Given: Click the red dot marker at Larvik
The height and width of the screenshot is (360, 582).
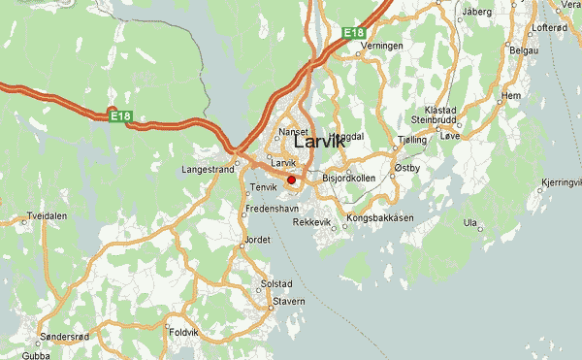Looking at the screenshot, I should click(x=291, y=180).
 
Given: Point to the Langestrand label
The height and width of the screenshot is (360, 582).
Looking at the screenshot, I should click(x=208, y=168).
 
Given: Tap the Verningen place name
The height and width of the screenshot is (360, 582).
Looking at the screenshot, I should click(x=380, y=46).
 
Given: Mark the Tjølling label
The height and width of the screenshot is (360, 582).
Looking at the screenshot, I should click(x=412, y=141).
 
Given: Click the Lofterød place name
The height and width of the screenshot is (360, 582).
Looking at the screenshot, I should click(x=549, y=28).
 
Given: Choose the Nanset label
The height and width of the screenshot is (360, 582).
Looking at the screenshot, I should click(x=293, y=131).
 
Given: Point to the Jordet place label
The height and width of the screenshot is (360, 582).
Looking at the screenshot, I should click(x=257, y=238).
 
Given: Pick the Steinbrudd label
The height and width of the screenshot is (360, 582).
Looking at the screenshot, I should click(x=433, y=119).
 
